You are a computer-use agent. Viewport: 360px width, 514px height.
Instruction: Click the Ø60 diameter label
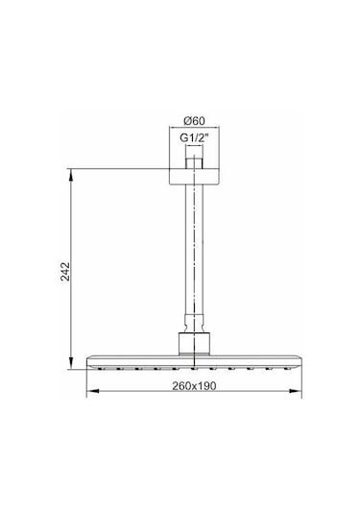196,120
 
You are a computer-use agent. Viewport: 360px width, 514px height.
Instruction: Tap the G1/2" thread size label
196,138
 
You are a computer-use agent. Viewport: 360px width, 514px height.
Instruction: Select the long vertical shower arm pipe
196,250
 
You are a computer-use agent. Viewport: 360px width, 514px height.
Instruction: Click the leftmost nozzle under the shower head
103,368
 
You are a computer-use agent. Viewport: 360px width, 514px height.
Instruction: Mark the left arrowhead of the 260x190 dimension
90,394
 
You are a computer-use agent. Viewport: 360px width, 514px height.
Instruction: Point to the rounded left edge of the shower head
89,361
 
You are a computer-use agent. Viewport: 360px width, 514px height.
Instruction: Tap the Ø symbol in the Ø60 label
186,120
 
